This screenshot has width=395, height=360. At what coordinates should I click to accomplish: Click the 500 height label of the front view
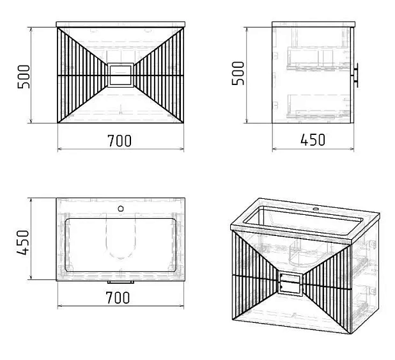[24, 77]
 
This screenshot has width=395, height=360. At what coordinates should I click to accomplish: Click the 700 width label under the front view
[120, 141]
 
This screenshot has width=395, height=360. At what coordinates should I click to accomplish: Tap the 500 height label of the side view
[238, 74]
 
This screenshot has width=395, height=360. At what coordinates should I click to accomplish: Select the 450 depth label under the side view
[313, 139]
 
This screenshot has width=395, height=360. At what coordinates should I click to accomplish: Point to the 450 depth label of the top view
[23, 242]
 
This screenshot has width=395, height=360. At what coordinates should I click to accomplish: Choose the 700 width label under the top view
[118, 297]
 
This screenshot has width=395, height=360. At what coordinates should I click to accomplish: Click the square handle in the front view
[121, 75]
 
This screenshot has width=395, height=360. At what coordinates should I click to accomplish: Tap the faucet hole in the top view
[121, 208]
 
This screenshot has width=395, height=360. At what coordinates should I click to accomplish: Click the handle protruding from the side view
[356, 75]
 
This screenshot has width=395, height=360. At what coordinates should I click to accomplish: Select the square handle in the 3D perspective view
[290, 283]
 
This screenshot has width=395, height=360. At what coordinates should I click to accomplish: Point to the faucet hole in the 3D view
[315, 208]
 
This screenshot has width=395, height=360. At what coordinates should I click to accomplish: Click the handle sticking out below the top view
[121, 282]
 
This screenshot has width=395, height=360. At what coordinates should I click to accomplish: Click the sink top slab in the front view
[121, 24]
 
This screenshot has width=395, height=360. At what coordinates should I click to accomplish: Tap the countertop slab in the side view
[313, 24]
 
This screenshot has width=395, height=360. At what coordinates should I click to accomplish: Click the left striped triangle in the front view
[82, 75]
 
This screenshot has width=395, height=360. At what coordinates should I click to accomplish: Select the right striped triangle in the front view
[159, 75]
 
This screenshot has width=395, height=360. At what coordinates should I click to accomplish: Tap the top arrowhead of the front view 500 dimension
[31, 29]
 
